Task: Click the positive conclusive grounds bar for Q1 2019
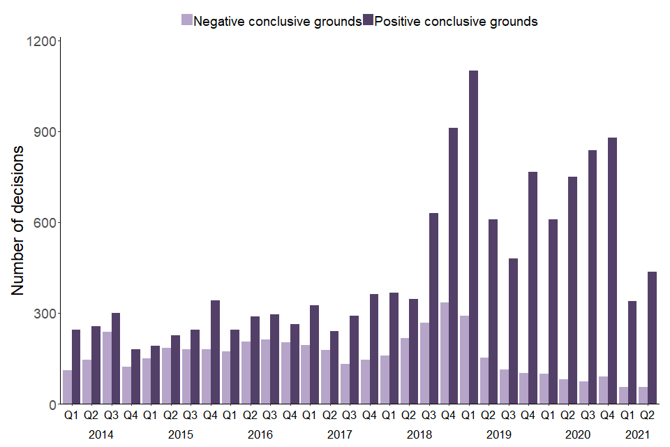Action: pos(473,237)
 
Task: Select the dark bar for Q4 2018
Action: pos(454,265)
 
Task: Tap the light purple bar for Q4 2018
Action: pos(444,353)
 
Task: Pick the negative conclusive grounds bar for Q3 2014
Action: pos(107,367)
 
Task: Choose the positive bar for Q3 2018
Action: pos(433,308)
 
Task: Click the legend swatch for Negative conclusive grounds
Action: pos(186,21)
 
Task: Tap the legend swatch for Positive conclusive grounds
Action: pos(368,21)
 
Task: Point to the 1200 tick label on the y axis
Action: pos(43,41)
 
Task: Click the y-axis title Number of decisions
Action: pos(19,220)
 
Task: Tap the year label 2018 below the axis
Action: pos(419,434)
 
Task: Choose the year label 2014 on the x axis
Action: pos(101,434)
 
